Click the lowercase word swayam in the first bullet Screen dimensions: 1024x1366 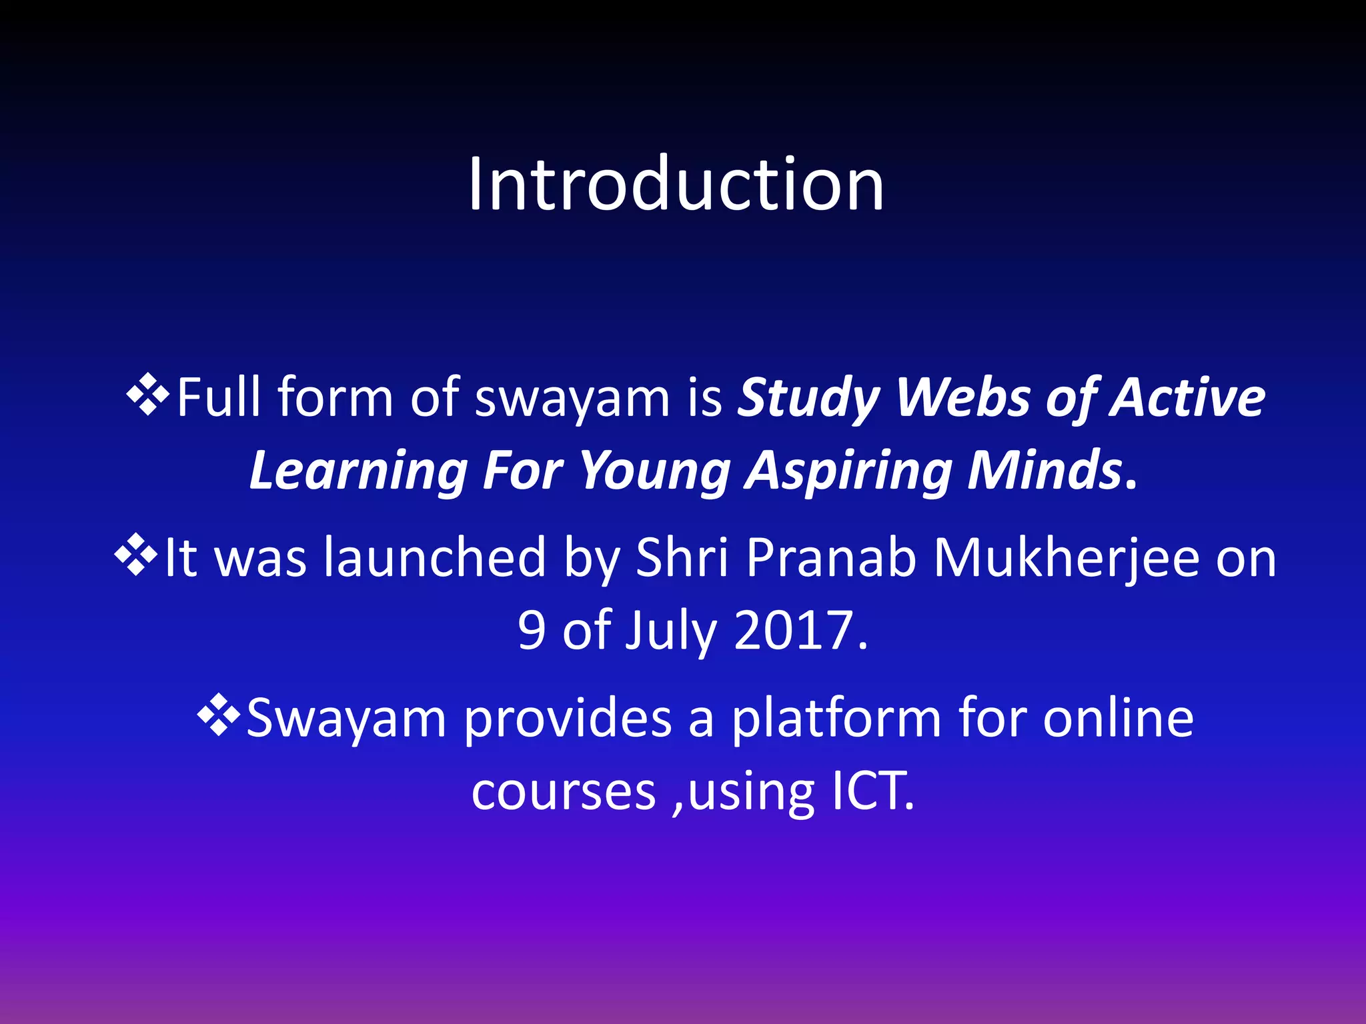coord(572,399)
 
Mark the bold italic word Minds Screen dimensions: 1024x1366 coord(1045,471)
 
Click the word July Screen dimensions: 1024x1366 coord(670,631)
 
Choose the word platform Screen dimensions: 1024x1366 coord(836,720)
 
